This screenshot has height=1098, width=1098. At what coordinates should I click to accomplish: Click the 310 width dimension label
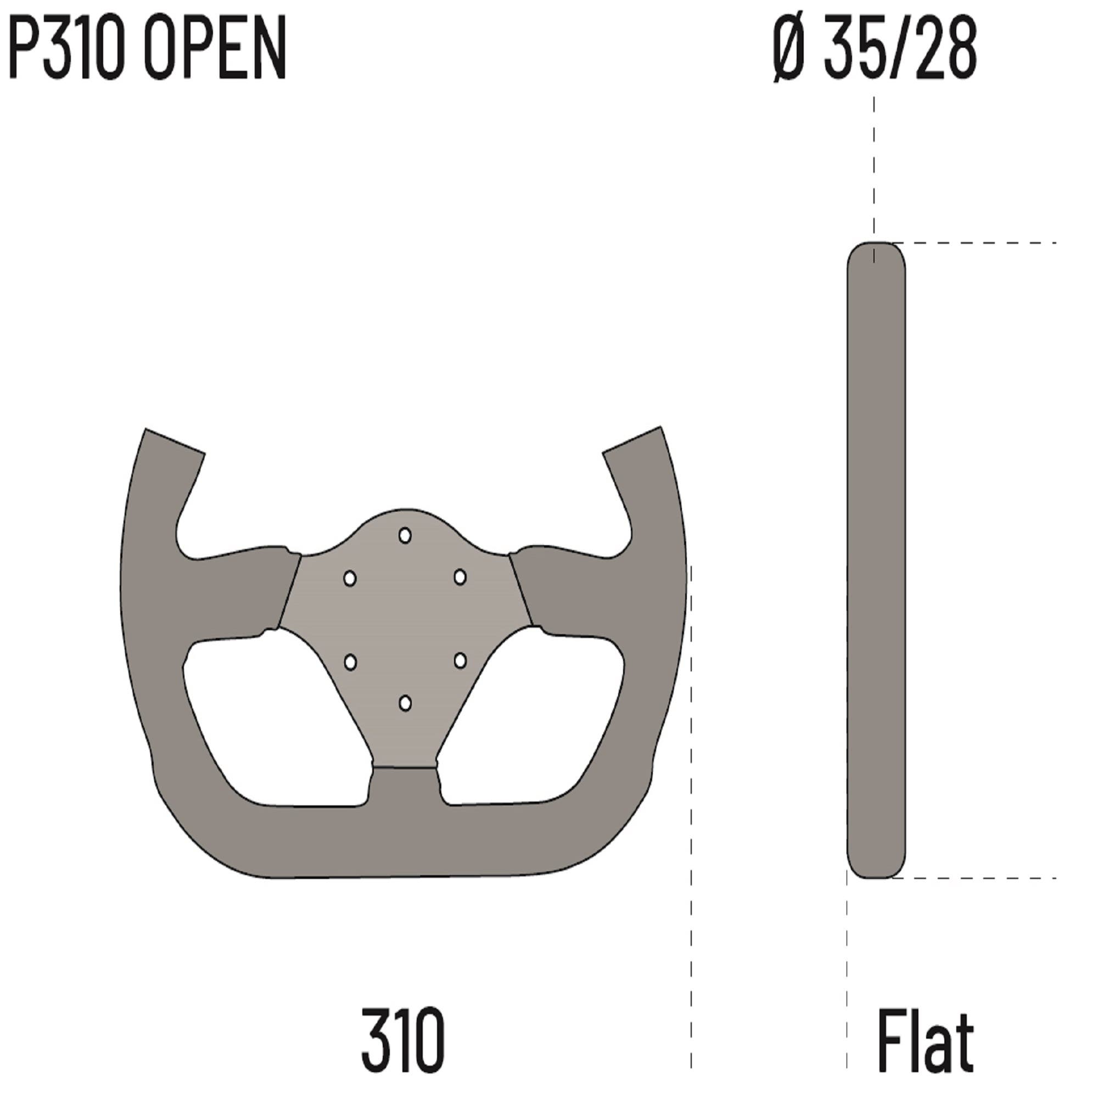tap(402, 1039)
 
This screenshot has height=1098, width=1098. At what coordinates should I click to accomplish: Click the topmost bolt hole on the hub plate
tap(405, 535)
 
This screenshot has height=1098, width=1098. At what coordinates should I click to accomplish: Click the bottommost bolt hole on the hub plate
tap(405, 703)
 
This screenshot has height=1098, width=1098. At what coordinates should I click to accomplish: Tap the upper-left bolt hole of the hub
tap(350, 579)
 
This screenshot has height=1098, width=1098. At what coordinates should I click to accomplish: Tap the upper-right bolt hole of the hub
tap(460, 578)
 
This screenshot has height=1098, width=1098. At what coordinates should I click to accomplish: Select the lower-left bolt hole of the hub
tap(351, 662)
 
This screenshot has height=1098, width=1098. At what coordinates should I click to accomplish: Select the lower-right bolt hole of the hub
tap(461, 660)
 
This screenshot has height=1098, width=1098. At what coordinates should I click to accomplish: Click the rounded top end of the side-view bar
tap(876, 256)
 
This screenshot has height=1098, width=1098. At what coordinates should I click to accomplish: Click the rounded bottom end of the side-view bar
tap(876, 864)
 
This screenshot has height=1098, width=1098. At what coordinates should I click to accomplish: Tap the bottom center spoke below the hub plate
tap(405, 796)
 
